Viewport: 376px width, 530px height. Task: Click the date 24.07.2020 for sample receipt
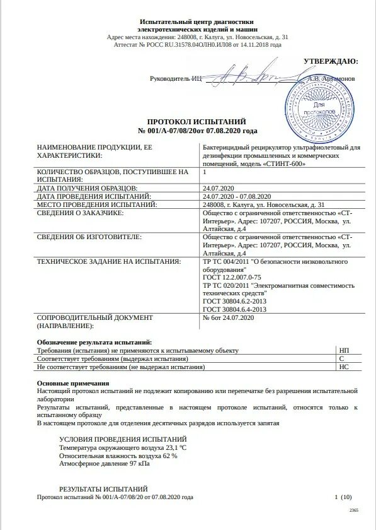(x=218, y=188)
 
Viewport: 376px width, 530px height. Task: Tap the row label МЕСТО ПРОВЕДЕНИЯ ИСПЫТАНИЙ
(x=96, y=204)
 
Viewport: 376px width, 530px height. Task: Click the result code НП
(x=344, y=350)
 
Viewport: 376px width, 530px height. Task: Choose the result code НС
(x=344, y=366)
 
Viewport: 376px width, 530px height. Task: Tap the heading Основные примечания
(x=73, y=383)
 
